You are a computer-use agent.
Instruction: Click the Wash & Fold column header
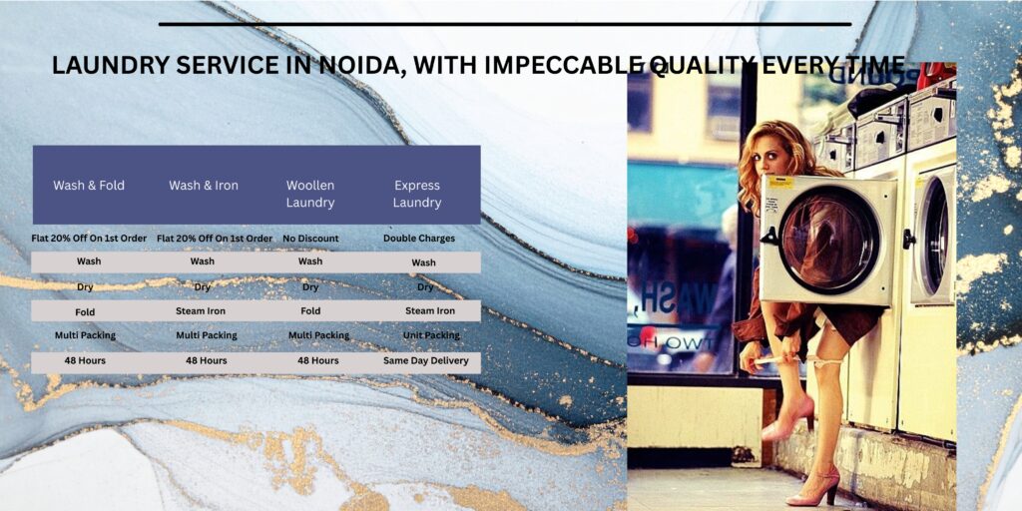coord(89,185)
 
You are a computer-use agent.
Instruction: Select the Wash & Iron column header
coord(204,185)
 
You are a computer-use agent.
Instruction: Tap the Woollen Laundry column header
coord(310,194)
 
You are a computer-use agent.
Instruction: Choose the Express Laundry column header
coord(417,194)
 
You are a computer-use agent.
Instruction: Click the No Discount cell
coord(311,239)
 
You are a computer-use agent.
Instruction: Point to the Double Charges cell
coord(419,239)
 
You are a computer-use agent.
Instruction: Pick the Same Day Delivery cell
coord(425,360)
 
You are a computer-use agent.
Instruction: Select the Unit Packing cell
coord(431,335)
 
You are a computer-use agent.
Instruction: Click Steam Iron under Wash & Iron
coord(201,311)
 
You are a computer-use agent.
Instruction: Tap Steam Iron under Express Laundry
coord(430,311)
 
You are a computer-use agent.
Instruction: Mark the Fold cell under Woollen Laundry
coord(310,311)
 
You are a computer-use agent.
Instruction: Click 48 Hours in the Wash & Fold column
coord(85,360)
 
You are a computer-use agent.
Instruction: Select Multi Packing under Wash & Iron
coord(207,335)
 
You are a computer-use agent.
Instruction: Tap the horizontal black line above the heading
coord(505,24)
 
